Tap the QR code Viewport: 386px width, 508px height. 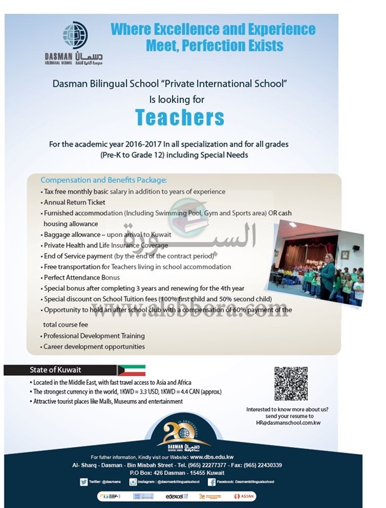pos(290,383)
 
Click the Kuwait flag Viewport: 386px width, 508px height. pos(132,370)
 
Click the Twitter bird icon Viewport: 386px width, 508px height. pos(84,482)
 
